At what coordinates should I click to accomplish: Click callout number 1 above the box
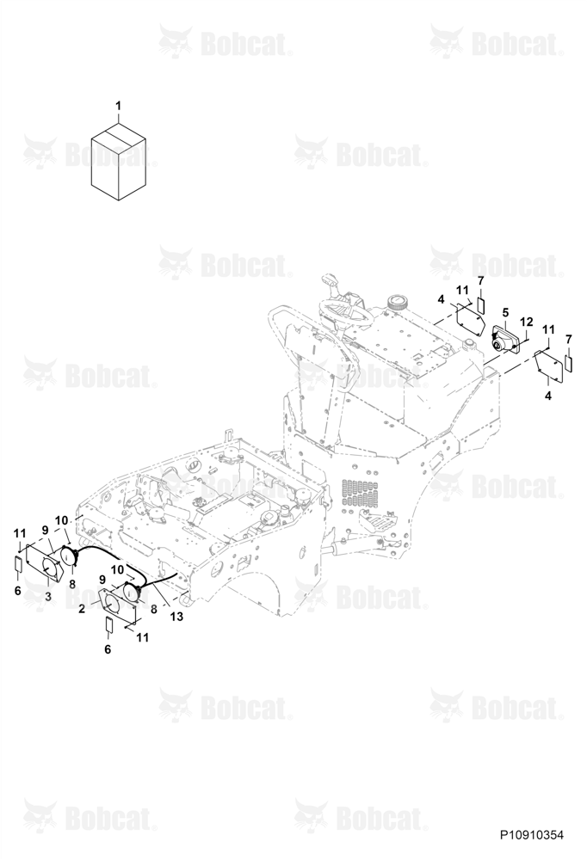click(x=118, y=105)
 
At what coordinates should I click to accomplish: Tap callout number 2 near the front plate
click(x=82, y=608)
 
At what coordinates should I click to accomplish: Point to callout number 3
click(x=48, y=596)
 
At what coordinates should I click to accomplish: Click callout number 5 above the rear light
click(x=506, y=313)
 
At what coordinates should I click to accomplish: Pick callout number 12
click(x=527, y=322)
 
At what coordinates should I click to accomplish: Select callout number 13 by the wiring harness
click(x=176, y=617)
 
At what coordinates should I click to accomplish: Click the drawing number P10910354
click(x=532, y=835)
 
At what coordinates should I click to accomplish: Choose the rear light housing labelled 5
click(x=504, y=340)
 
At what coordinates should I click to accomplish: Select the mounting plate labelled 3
click(x=46, y=562)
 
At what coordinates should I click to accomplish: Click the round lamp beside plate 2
click(x=133, y=592)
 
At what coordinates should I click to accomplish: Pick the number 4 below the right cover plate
click(x=547, y=396)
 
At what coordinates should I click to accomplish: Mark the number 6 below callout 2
click(x=108, y=649)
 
